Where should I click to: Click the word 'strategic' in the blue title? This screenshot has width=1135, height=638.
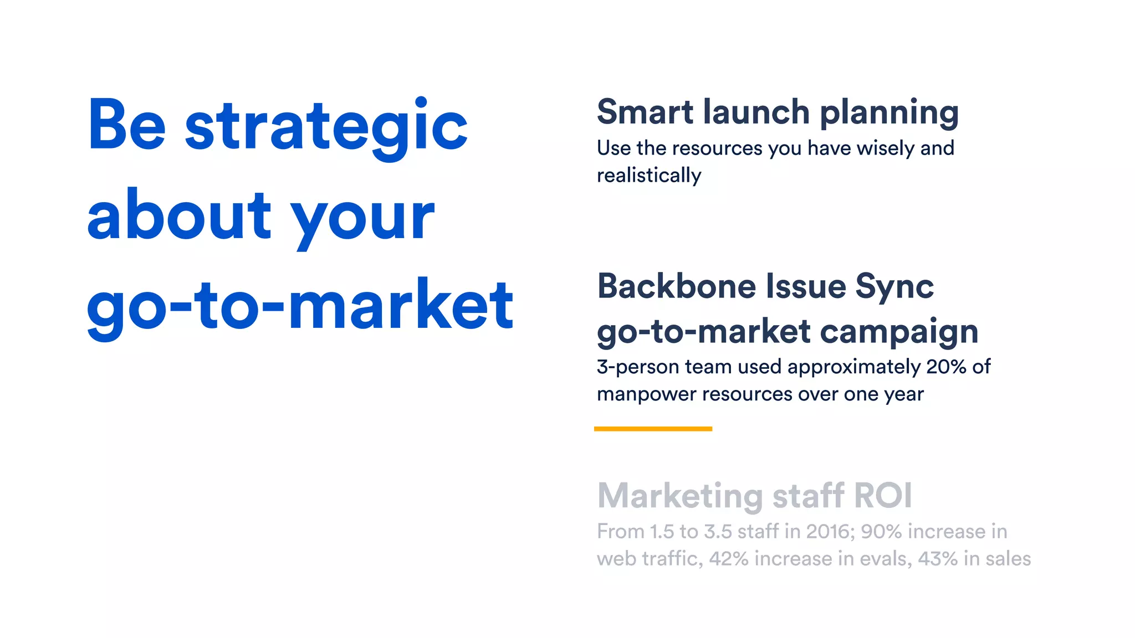pos(326,126)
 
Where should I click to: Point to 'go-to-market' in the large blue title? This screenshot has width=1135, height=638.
pos(300,306)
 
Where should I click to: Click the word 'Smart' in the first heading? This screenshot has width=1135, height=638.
pos(645,112)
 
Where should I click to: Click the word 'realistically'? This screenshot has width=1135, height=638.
pos(649,176)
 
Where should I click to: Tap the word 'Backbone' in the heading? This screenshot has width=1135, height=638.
pos(677,286)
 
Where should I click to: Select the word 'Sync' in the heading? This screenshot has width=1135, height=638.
pos(894,287)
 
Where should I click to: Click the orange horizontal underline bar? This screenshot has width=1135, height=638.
pos(653,429)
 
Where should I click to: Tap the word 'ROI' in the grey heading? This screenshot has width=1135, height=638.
pos(883,495)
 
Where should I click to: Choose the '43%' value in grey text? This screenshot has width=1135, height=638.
pos(938,559)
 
